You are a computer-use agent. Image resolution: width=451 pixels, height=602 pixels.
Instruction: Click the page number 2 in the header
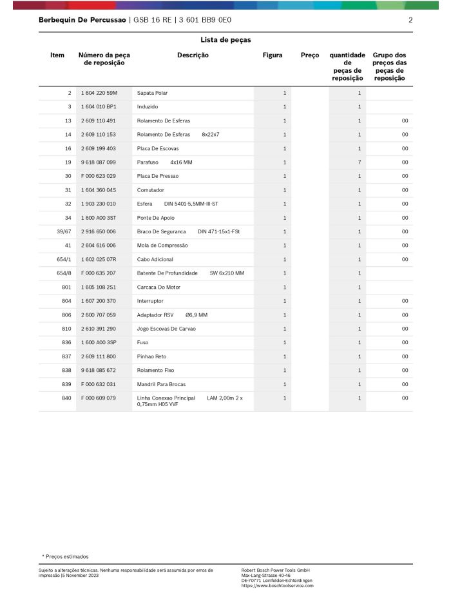410,20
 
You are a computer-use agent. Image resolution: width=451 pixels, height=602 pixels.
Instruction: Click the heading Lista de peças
225,40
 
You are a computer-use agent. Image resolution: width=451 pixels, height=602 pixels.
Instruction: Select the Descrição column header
193,55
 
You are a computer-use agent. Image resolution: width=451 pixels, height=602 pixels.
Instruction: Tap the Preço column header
310,55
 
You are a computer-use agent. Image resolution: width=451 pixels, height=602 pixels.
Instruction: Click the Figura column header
273,55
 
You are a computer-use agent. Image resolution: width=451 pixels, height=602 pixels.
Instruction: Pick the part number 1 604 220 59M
99,93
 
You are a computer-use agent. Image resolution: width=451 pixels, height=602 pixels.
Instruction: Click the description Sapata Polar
152,93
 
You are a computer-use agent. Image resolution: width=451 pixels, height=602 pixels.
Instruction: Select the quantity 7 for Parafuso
360,162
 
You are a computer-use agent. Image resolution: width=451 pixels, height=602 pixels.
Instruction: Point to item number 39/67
64,231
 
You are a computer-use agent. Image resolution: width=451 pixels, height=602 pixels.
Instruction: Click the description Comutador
151,190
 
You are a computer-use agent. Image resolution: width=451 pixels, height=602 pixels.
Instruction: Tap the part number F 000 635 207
99,273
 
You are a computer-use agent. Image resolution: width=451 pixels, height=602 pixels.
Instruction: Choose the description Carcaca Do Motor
158,287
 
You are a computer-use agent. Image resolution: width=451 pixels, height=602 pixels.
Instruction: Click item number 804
66,301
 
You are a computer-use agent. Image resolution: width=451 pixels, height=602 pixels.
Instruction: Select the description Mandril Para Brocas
161,384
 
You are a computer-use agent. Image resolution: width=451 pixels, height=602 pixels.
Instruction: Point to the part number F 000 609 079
99,398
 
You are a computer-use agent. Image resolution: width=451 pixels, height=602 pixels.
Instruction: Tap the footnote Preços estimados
67,556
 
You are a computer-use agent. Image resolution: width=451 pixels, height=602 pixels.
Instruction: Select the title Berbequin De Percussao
82,20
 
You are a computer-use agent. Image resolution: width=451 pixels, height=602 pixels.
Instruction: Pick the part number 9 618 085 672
99,371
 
